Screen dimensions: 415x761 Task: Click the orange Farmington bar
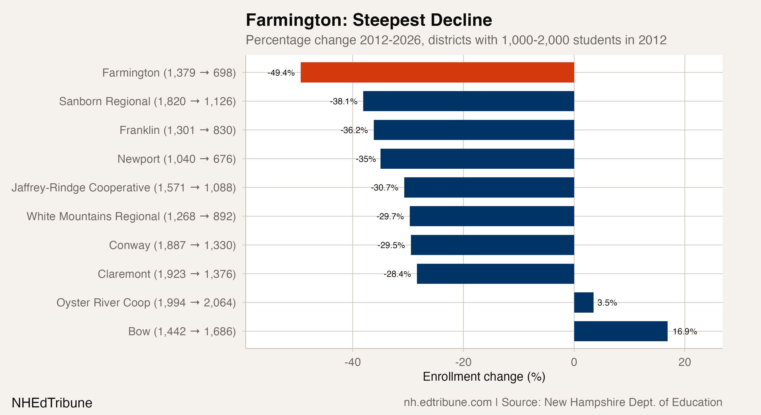point(437,72)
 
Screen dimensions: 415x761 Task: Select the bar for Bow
point(620,331)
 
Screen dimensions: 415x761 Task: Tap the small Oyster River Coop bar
point(583,302)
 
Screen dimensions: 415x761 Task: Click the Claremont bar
point(495,274)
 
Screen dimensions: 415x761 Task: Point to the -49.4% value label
point(281,73)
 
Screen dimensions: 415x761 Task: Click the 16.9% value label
point(685,331)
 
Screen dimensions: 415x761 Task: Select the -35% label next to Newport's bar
point(366,159)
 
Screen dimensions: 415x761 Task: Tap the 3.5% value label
point(607,303)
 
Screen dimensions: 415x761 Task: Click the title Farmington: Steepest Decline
point(369,20)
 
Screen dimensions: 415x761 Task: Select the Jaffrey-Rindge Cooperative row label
point(123,188)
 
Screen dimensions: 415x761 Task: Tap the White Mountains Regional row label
point(131,216)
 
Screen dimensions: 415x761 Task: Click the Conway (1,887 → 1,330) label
point(172,245)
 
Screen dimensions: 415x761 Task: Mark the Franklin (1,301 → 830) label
point(178,130)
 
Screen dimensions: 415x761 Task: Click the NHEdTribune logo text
point(52,403)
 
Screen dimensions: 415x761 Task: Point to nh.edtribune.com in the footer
point(447,402)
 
